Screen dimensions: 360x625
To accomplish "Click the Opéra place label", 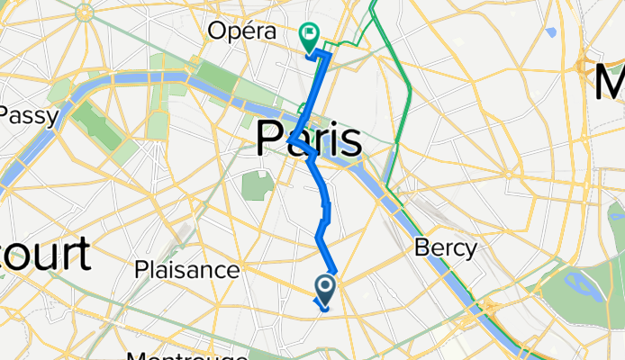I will pyautogui.click(x=240, y=31).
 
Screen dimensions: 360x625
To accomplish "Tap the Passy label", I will pyautogui.click(x=29, y=115).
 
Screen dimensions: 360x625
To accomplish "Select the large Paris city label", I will pyautogui.click(x=309, y=140).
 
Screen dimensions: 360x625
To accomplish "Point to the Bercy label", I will pyautogui.click(x=445, y=248).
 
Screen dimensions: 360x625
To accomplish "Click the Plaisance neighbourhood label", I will pyautogui.click(x=186, y=269).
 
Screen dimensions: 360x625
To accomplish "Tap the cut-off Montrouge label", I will pyautogui.click(x=186, y=355).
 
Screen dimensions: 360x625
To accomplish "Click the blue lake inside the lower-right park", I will pyautogui.click(x=581, y=287).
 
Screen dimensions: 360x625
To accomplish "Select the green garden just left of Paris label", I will pyautogui.click(x=257, y=184).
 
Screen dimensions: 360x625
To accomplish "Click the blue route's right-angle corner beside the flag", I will pyautogui.click(x=330, y=56).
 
